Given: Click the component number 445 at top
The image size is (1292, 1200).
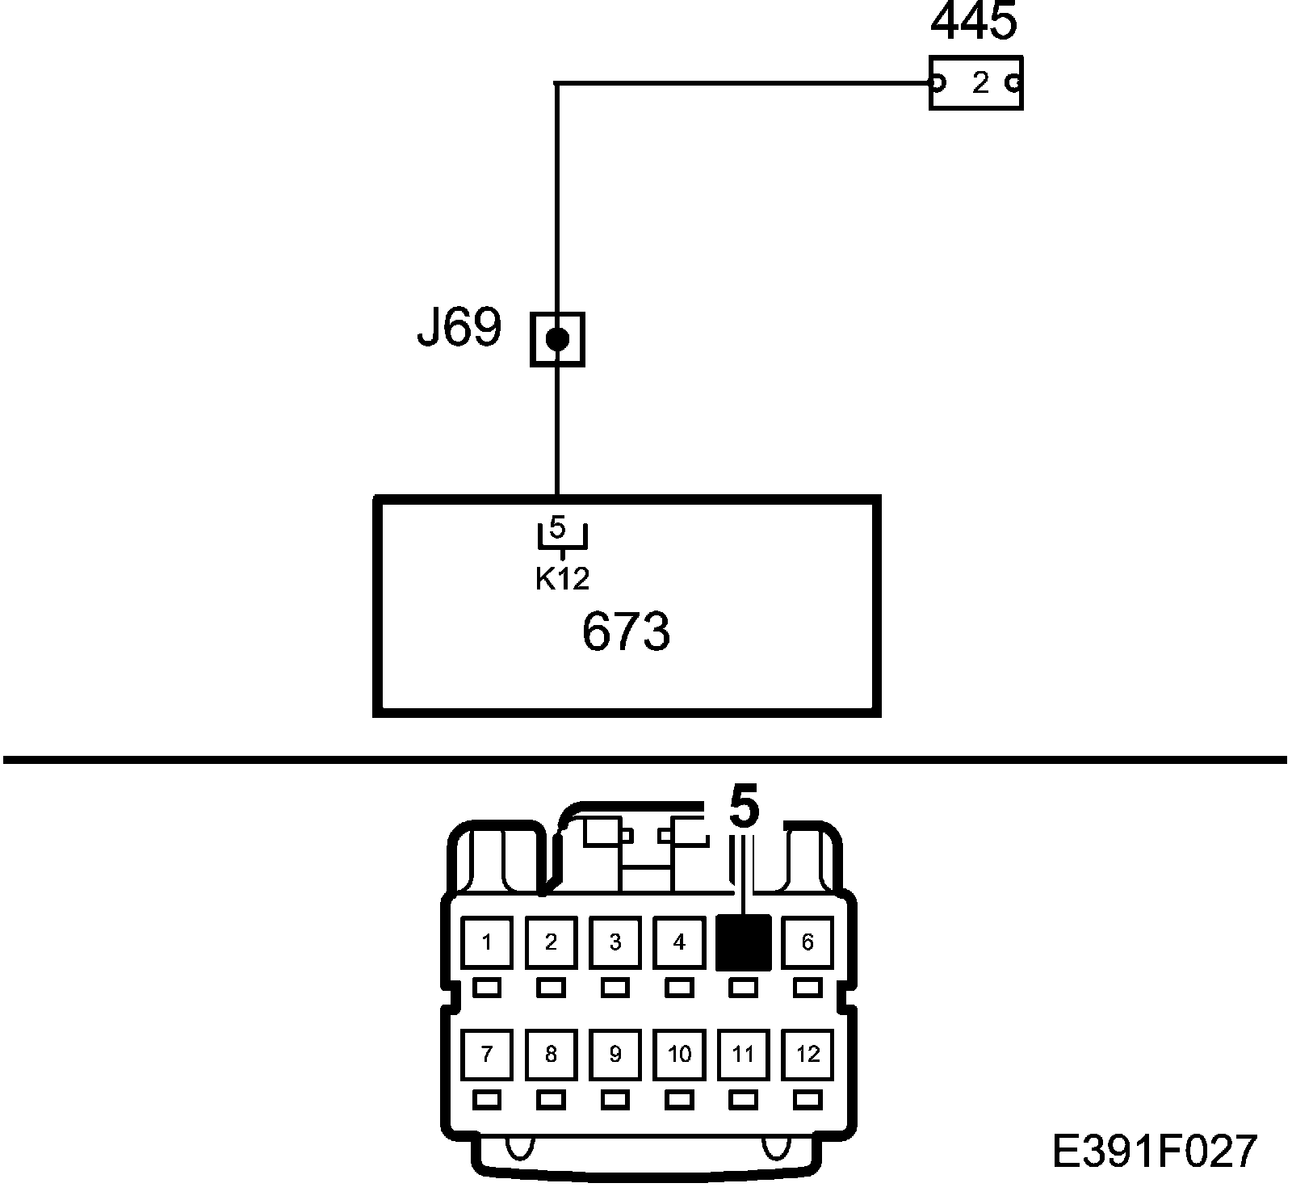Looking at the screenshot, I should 974,22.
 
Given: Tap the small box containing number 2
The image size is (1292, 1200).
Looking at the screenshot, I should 975,82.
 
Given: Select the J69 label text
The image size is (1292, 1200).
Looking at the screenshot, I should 459,327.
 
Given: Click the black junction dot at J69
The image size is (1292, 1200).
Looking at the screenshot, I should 557,338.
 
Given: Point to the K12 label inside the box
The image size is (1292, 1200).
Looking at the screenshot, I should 562,578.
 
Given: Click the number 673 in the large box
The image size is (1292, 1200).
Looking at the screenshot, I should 626,631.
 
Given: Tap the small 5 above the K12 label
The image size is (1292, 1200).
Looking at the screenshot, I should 558,528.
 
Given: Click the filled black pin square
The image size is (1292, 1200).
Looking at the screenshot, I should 744,942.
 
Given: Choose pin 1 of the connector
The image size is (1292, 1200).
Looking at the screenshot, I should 486,942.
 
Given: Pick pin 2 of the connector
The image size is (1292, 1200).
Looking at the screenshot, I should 551,942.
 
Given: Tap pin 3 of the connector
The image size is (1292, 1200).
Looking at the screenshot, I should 615,942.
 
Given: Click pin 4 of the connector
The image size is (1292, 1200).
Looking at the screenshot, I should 679,942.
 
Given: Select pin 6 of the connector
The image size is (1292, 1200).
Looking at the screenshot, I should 807,942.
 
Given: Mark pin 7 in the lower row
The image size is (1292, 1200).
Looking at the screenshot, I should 486,1055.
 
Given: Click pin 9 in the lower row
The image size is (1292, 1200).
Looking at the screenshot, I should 615,1055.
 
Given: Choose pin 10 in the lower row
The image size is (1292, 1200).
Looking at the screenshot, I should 679,1055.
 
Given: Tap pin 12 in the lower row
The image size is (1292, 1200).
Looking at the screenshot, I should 807,1055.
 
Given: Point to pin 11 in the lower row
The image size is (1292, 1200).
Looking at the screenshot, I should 744,1055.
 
